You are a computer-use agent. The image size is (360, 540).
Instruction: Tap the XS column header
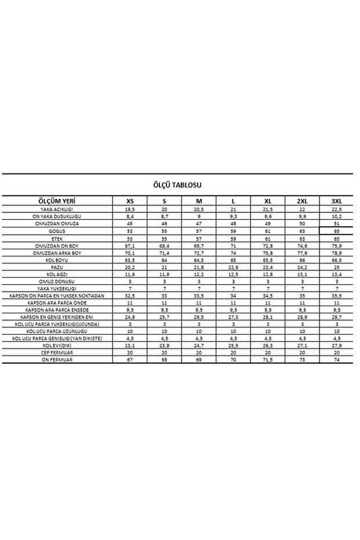[130, 200]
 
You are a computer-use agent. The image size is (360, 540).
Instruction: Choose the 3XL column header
[336, 200]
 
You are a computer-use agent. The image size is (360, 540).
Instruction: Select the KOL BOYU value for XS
[130, 259]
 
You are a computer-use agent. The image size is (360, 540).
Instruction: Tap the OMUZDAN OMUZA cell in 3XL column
[336, 223]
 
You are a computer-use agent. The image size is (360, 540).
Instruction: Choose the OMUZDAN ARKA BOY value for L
[232, 252]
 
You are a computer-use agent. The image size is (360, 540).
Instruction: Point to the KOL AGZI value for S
[164, 274]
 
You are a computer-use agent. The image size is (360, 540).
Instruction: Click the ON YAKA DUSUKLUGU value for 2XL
[301, 216]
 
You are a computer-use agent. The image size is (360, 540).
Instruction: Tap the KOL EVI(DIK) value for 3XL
[336, 346]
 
